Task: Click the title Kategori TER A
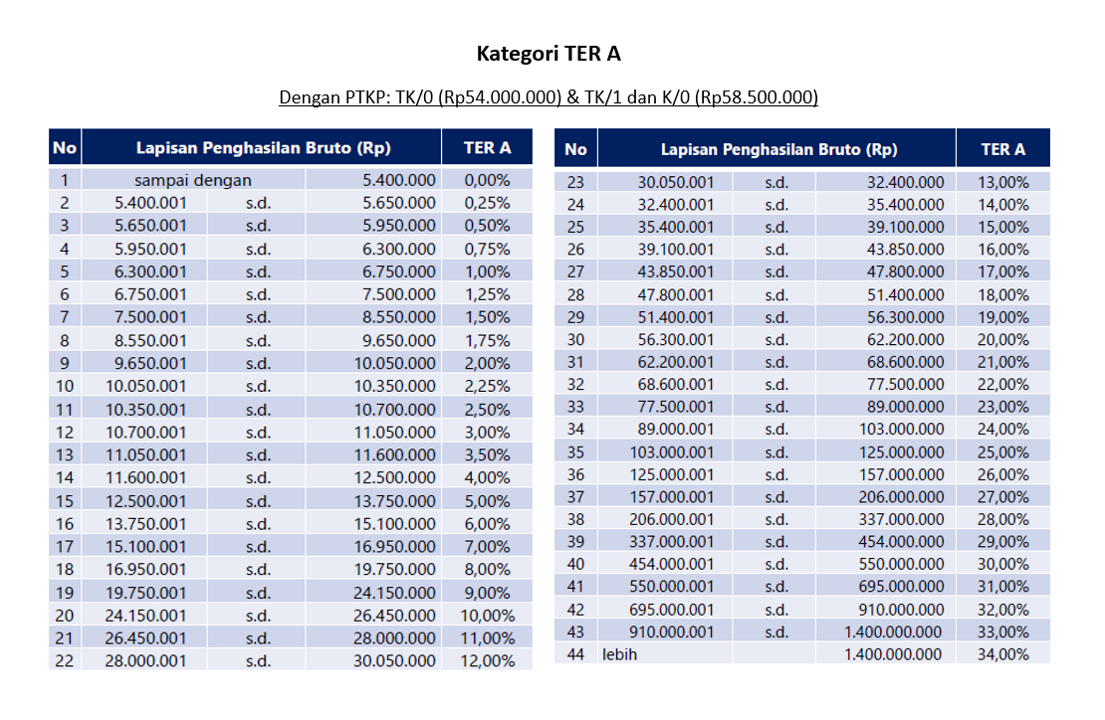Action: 549,54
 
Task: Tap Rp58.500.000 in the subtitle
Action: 756,97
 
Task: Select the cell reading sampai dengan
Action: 193,180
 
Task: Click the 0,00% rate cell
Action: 487,180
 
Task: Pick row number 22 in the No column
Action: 65,660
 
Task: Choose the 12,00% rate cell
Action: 487,660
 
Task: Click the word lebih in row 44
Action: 618,653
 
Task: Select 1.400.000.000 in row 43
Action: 892,631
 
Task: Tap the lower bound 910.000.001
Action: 671,631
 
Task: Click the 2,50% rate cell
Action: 487,409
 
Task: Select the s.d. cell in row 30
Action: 775,339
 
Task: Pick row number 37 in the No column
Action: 575,496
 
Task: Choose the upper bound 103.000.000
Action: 902,429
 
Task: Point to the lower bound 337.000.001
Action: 671,541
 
